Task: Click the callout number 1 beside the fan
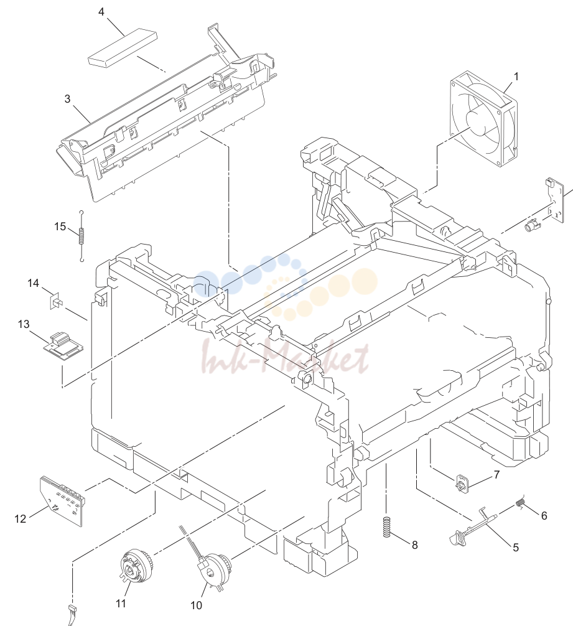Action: (516, 77)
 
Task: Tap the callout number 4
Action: (101, 12)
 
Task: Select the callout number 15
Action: (60, 227)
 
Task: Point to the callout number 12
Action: (21, 518)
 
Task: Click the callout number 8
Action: (414, 545)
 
